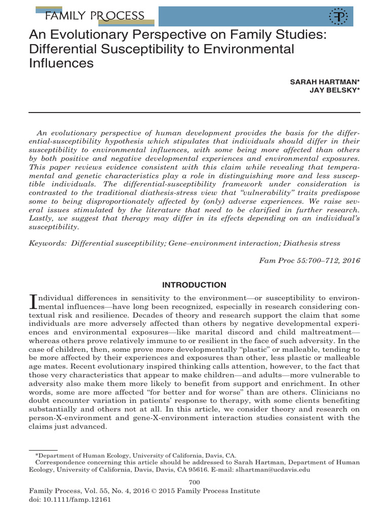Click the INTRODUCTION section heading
pos(194,285)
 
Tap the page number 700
pos(194,482)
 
